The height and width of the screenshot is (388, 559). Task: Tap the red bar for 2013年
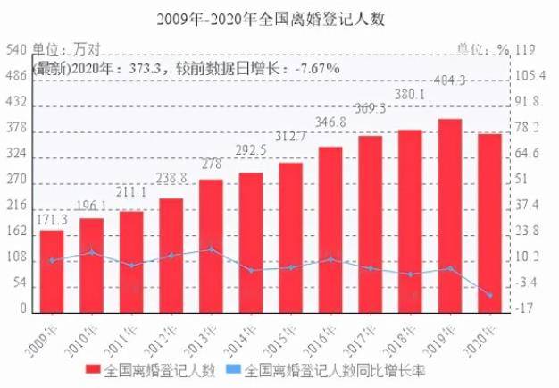211,246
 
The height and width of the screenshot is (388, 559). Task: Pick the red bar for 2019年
449,215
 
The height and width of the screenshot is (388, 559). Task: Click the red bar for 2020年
489,223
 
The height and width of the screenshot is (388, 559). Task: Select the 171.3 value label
50,219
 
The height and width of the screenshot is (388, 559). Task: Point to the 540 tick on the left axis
15,51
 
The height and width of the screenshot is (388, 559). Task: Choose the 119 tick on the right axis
526,51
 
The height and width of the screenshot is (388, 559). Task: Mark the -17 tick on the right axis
525,308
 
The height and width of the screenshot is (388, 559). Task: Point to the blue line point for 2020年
489,295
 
